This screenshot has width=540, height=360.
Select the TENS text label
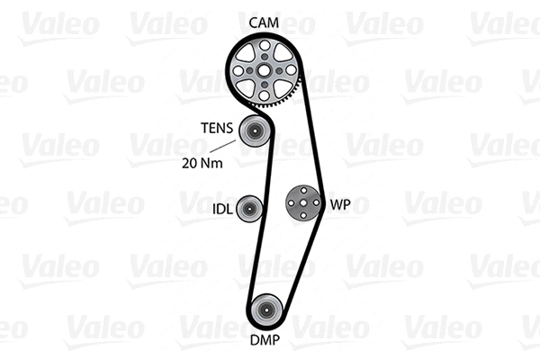pyautogui.click(x=215, y=129)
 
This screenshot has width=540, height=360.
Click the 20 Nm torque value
pyautogui.click(x=201, y=164)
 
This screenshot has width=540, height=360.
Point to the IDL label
pyautogui.click(x=221, y=209)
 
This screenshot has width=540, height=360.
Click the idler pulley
pyautogui.click(x=250, y=208)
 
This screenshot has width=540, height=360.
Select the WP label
pyautogui.click(x=339, y=204)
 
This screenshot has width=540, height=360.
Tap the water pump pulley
pyautogui.click(x=303, y=204)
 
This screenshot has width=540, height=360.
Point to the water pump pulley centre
pyautogui.click(x=303, y=204)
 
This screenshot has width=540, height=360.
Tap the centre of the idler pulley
pyautogui.click(x=250, y=208)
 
